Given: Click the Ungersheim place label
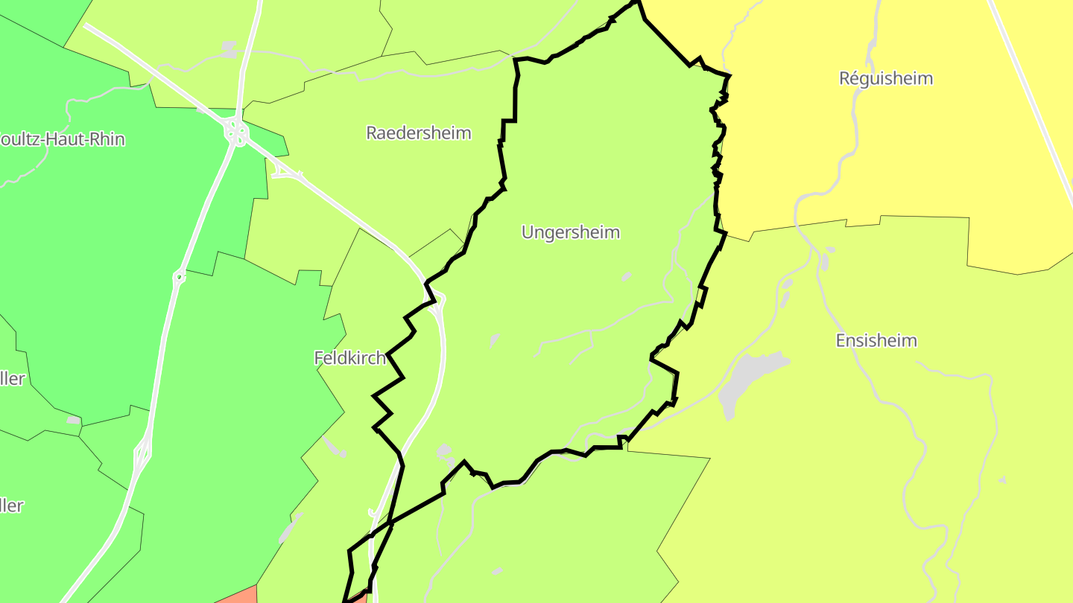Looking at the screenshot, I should pyautogui.click(x=570, y=232).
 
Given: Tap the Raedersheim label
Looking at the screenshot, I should pyautogui.click(x=419, y=133).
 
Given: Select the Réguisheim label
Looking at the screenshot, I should pyautogui.click(x=886, y=78).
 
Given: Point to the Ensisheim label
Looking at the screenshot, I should pyautogui.click(x=876, y=341).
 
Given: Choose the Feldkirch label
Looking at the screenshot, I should pyautogui.click(x=350, y=358).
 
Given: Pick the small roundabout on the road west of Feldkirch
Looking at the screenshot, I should pyautogui.click(x=179, y=278).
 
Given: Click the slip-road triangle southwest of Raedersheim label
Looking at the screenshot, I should pyautogui.click(x=286, y=173).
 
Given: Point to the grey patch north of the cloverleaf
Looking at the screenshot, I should pyautogui.click(x=230, y=49).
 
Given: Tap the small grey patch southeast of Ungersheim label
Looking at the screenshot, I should pyautogui.click(x=626, y=277).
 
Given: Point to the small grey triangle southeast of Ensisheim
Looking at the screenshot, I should pyautogui.click(x=1002, y=480).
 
